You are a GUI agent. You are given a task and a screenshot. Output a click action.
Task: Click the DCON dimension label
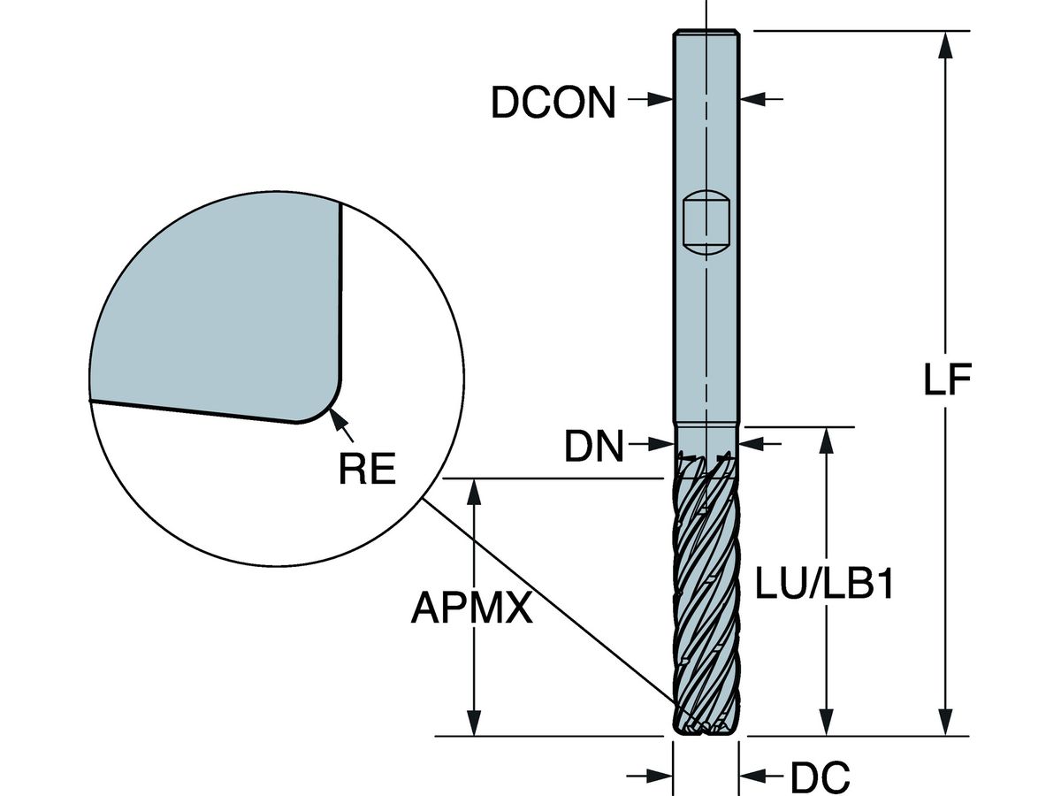553,103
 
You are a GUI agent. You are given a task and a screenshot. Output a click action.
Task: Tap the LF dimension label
948,381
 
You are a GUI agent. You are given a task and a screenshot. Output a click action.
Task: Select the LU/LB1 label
823,585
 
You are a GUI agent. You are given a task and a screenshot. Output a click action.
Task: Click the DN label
594,448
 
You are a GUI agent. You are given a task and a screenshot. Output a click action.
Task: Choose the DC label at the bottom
820,778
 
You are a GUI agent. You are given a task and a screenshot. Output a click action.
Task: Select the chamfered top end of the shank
706,34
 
